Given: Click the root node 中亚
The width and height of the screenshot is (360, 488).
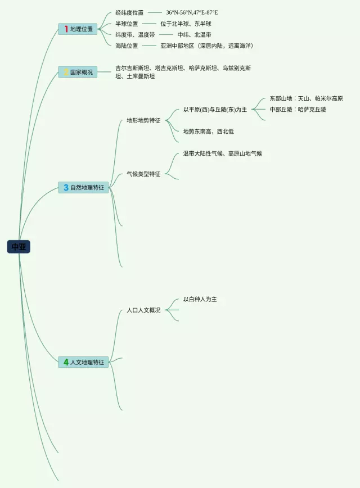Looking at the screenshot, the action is [x=19, y=246].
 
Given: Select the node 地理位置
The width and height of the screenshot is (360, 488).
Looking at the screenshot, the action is [x=78, y=29].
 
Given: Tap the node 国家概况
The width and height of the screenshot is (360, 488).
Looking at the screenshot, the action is [x=78, y=72].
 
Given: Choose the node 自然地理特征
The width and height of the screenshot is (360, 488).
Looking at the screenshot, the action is [x=84, y=187].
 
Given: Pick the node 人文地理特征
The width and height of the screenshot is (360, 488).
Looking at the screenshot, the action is [x=84, y=362].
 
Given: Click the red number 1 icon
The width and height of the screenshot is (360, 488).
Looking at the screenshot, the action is [x=66, y=29].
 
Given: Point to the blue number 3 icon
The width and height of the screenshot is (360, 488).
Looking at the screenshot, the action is [x=66, y=187].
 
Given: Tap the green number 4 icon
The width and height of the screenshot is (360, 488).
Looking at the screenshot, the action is [x=66, y=362].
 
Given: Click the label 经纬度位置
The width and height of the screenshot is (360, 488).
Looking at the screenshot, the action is [x=129, y=12].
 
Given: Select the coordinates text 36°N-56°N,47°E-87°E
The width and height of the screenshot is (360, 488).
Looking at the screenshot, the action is [x=192, y=12].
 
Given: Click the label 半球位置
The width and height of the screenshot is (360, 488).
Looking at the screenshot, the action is [x=127, y=24].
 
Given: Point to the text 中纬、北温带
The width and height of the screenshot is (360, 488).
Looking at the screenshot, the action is [x=194, y=35].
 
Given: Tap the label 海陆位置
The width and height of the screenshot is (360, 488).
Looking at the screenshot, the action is [x=127, y=46].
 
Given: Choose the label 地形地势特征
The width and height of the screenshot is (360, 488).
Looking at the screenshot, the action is [x=143, y=120].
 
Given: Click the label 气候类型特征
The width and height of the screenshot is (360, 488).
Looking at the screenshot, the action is [x=143, y=174].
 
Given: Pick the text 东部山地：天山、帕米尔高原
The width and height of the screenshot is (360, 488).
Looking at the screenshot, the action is [x=306, y=98].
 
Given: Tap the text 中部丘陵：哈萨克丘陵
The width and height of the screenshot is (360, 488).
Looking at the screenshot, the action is [x=298, y=109].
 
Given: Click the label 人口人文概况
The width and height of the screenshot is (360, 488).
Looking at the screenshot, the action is [x=143, y=310].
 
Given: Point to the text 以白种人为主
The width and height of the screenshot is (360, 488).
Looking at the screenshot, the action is [x=200, y=299].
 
